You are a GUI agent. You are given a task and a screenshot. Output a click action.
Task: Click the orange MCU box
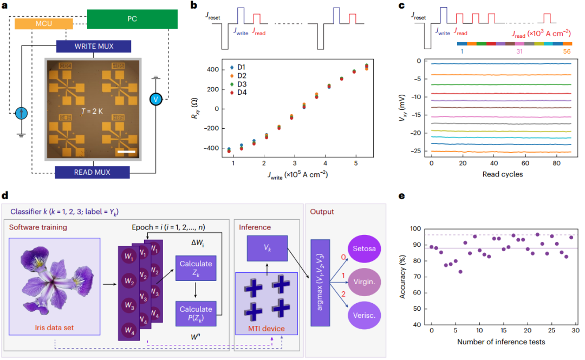click(43, 24)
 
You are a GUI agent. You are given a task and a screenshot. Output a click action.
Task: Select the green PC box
click(132, 18)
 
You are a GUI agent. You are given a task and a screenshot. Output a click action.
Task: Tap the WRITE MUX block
click(93, 47)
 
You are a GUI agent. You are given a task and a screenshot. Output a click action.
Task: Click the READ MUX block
click(93, 172)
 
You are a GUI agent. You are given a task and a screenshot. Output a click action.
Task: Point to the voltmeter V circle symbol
click(156, 99)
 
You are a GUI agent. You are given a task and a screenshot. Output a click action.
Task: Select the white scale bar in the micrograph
click(125, 151)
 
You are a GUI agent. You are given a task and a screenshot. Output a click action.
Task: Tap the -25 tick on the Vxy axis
click(419, 152)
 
